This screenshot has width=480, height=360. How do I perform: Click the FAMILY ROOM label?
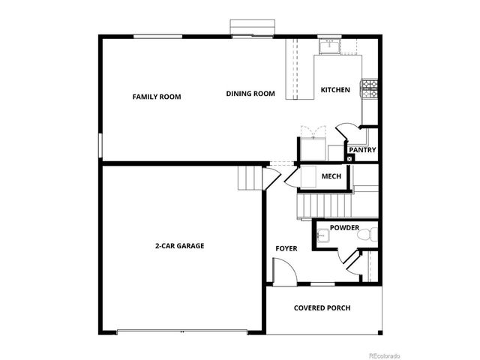157,97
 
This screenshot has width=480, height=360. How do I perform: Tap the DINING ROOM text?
250,94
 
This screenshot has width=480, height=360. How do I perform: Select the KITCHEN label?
335,90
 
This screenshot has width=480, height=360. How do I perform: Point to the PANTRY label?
362,149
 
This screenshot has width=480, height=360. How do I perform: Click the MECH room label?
331,176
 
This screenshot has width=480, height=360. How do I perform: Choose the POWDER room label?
344,227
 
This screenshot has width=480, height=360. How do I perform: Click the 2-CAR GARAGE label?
180,245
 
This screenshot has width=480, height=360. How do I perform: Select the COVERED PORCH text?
322,307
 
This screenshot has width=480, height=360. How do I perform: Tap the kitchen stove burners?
369,89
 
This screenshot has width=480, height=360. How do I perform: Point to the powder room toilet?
365,236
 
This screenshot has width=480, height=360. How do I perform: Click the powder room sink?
321,237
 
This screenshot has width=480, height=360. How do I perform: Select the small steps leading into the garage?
250,178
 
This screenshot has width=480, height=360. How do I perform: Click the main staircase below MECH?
324,202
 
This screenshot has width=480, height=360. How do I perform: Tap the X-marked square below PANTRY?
349,159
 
